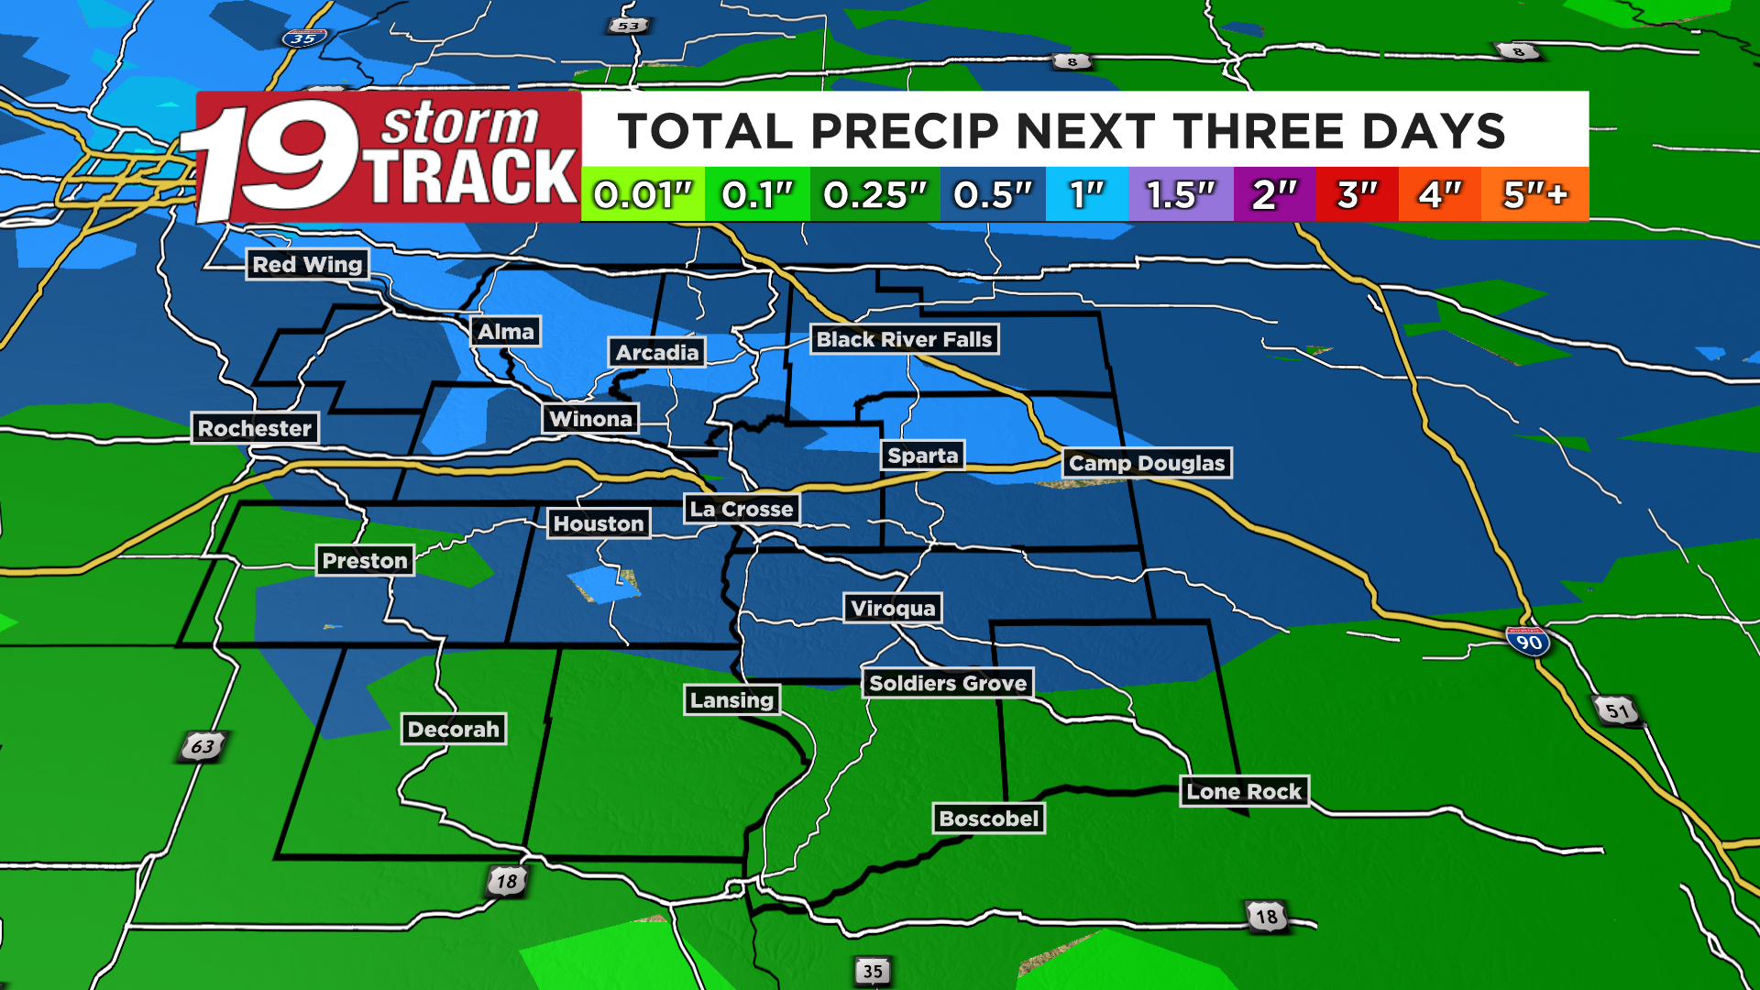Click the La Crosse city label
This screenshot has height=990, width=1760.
pos(742,509)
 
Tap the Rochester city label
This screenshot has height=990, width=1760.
pos(255,428)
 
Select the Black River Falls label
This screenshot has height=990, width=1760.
pos(904,339)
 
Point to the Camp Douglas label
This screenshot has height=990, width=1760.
pos(1147,463)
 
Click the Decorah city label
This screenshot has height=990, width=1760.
pos(454,729)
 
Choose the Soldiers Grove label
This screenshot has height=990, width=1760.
pos(948,683)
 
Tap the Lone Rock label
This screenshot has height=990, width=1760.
pos(1244,791)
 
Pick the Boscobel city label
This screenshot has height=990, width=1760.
pos(989,819)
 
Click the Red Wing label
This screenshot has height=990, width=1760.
pos(307,265)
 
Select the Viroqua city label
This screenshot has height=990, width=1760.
pos(893,608)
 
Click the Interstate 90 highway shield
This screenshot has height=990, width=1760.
pos(1528,641)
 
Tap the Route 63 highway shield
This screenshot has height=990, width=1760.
pos(203,746)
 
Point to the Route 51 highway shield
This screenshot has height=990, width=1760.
pos(1617,710)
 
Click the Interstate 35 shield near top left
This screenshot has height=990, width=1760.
pos(302,38)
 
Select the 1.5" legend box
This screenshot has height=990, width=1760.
pos(1181,194)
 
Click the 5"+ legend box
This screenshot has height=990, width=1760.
pos(1535,194)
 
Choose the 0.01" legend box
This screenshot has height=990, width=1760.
pos(643,194)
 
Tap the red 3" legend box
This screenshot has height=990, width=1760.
pos(1357,194)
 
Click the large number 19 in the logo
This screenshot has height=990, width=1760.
pos(275,158)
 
